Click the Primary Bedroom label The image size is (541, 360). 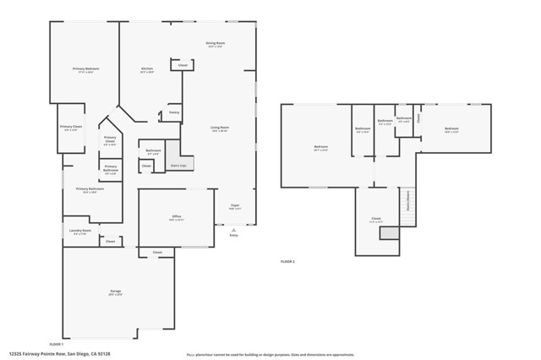(x=85, y=69)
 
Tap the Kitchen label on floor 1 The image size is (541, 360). (x=146, y=69)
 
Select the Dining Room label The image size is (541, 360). (x=215, y=44)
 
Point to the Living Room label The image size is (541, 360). (x=220, y=129)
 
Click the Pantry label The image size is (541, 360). (x=173, y=112)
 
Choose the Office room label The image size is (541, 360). (x=177, y=218)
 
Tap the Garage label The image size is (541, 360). (x=115, y=292)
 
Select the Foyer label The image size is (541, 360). (x=235, y=205)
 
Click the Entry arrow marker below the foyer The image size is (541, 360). (x=234, y=231)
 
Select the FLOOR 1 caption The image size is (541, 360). (x=57, y=345)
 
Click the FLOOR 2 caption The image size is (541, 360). (x=287, y=262)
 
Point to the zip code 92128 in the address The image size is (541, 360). (x=103, y=354)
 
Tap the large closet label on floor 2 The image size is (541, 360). (x=376, y=219)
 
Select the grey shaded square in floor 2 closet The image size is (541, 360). (x=388, y=232)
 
